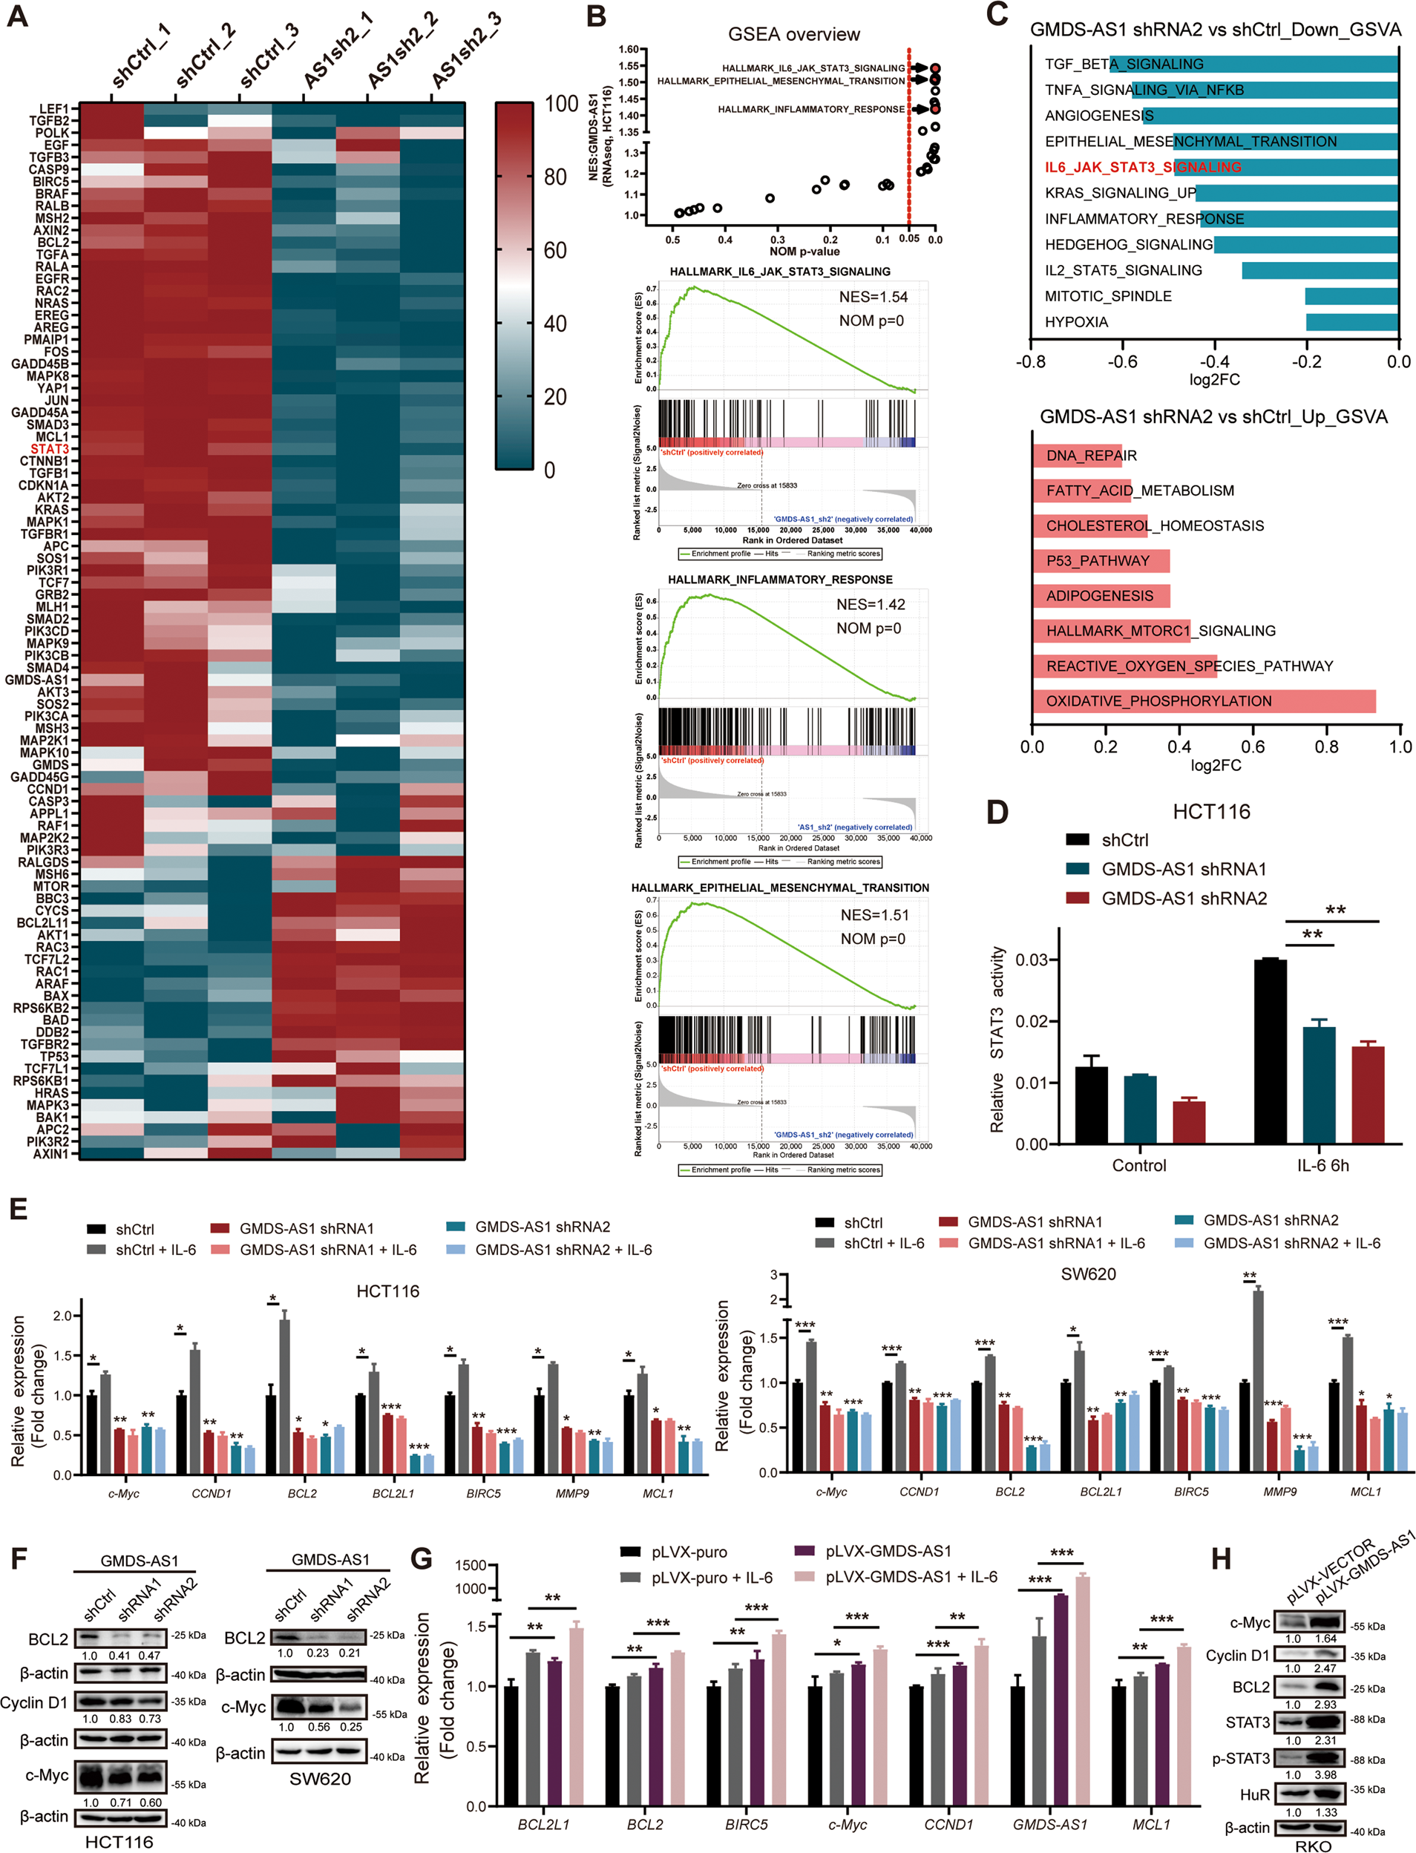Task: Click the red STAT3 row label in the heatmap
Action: pos(50,448)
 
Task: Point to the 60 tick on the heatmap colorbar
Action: pos(554,250)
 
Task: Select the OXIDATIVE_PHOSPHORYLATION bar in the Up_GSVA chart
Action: pos(1203,701)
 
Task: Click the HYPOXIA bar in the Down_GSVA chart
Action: pos(1352,322)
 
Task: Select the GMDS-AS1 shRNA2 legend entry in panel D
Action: pos(1184,898)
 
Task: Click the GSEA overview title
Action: pos(794,35)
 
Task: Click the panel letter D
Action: pos(997,813)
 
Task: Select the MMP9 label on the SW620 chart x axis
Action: pos(1279,1492)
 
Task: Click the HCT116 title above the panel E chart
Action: pos(387,1291)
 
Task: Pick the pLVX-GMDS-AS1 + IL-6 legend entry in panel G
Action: pos(911,1577)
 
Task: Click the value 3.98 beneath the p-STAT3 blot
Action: pos(1325,1774)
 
